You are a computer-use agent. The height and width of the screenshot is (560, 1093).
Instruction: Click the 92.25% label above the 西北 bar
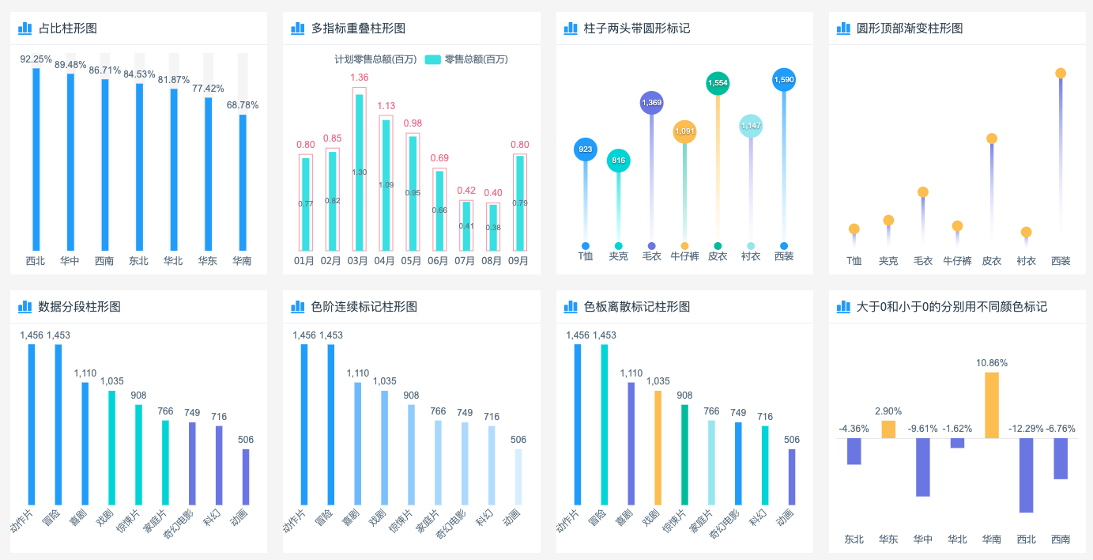coord(36,59)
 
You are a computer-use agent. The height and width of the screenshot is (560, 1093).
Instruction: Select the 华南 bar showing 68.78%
coord(243,182)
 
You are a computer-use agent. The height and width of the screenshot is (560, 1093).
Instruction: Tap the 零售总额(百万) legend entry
coord(466,59)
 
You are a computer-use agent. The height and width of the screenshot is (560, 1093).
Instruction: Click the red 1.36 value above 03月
coord(359,78)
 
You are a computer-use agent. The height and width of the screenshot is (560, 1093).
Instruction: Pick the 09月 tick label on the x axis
coord(518,260)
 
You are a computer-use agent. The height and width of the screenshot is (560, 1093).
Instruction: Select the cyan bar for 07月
coord(466,226)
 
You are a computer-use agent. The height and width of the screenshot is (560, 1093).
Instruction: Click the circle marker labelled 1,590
coord(784,80)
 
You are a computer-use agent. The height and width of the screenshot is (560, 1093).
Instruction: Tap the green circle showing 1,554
coord(718,83)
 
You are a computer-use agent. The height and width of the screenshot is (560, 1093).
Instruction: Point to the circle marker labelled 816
coord(618,161)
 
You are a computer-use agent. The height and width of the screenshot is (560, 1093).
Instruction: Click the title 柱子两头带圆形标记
coord(636,28)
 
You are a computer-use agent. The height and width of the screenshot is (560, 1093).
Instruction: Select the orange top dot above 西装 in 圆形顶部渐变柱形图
coord(1061,74)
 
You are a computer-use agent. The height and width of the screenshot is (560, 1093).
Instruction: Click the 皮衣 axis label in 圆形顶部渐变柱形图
coord(992,260)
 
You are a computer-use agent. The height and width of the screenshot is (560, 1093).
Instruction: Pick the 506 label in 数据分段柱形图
coord(245,440)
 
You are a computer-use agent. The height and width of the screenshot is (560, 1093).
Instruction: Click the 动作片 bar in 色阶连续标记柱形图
coord(304,424)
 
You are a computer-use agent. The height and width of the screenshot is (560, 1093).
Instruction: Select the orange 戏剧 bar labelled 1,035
coord(658,447)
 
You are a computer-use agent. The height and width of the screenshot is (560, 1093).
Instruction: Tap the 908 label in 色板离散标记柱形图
coord(684,395)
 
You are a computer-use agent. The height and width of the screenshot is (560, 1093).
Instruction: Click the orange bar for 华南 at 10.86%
coord(992,405)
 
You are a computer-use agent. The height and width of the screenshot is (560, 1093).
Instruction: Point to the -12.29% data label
coord(1026,429)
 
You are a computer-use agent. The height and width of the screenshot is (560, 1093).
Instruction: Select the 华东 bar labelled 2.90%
coord(888,429)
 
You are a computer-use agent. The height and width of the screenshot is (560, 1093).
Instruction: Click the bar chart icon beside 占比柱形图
coord(25,28)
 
